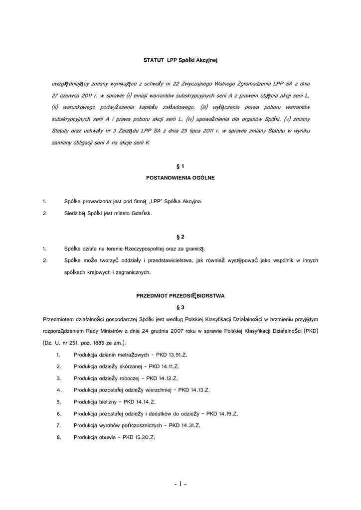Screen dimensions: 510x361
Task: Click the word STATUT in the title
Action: point(154,60)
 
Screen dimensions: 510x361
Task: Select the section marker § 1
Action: point(180,165)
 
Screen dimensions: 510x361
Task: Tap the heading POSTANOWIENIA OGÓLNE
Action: point(180,177)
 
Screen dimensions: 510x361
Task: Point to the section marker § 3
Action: point(180,307)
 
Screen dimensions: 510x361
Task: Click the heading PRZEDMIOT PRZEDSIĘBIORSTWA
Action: point(180,295)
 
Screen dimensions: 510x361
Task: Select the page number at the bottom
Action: point(180,484)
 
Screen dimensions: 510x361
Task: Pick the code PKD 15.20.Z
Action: point(141,437)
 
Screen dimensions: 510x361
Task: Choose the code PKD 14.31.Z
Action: point(184,425)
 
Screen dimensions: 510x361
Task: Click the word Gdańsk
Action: point(142,213)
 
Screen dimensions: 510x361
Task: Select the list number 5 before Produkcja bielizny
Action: point(59,402)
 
